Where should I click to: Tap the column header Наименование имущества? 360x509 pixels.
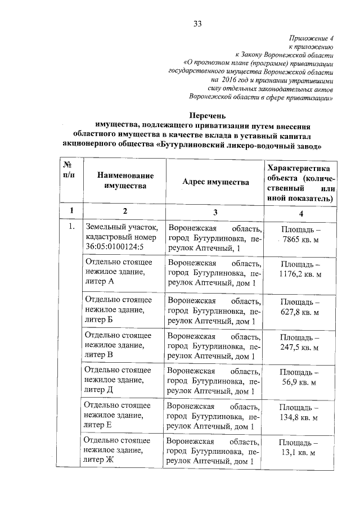click(x=125, y=181)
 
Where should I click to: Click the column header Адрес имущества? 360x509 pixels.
click(x=215, y=181)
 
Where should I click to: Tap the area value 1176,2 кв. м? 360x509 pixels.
click(x=300, y=274)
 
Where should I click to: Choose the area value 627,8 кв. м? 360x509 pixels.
click(x=300, y=312)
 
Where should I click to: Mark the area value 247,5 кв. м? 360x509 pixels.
click(x=300, y=348)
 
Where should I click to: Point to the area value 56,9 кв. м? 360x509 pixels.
click(x=300, y=382)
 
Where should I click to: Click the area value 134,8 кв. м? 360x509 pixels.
click(x=300, y=418)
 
